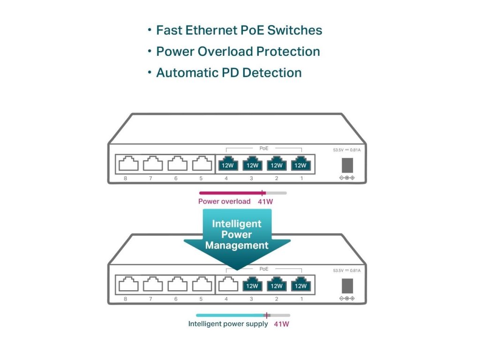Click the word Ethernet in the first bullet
(211, 30)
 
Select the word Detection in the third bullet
(272, 73)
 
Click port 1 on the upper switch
(300, 164)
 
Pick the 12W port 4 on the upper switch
(228, 164)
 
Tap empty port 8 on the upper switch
(128, 164)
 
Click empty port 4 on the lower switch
(228, 284)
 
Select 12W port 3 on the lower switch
(252, 284)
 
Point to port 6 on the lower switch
(178, 284)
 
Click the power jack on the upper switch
(347, 165)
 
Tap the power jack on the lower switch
(347, 286)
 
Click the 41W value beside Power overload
(265, 202)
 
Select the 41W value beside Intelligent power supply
(282, 324)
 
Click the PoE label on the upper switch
(264, 149)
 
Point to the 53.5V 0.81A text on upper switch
(347, 150)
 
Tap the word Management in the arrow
(237, 246)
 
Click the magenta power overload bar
(232, 193)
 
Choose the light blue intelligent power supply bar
(232, 315)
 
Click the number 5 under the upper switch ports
(201, 179)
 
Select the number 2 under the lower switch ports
(277, 299)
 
